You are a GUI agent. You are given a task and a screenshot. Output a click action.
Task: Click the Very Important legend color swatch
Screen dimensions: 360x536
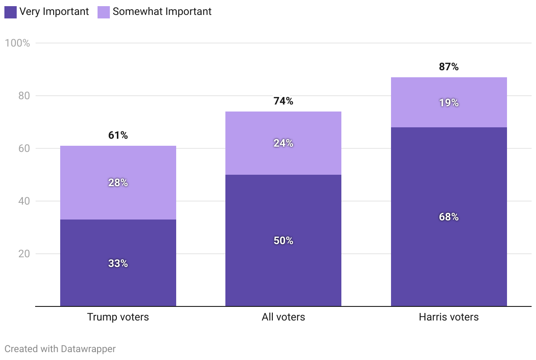click(x=11, y=12)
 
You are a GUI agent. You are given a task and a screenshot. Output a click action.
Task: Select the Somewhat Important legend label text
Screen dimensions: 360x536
click(x=162, y=12)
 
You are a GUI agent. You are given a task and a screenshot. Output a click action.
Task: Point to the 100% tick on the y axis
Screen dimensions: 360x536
click(x=17, y=43)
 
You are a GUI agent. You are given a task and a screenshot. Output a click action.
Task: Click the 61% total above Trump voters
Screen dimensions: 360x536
click(x=118, y=135)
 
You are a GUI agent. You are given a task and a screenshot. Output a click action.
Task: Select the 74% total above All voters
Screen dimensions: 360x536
click(x=283, y=101)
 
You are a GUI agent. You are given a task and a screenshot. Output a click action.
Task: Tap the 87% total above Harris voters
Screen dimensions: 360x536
click(x=449, y=67)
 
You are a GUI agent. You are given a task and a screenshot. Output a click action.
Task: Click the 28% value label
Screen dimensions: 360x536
click(x=118, y=183)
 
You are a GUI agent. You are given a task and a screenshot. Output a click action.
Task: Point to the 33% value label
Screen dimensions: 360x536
click(x=118, y=263)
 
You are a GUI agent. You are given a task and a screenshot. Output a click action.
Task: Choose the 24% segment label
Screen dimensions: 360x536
click(x=283, y=143)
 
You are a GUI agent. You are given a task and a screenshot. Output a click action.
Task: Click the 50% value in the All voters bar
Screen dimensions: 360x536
click(x=283, y=241)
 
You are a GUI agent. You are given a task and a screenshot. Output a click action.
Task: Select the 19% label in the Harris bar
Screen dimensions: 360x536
click(x=449, y=103)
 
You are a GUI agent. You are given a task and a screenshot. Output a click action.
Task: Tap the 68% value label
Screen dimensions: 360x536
click(x=449, y=217)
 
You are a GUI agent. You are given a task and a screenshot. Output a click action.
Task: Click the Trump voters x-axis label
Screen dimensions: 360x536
click(x=118, y=317)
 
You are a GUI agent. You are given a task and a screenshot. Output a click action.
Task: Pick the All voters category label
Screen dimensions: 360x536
click(x=283, y=317)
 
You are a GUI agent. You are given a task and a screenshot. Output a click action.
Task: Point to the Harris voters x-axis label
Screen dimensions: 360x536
click(x=449, y=317)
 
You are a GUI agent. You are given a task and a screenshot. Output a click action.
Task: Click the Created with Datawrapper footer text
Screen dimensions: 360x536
click(x=60, y=349)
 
